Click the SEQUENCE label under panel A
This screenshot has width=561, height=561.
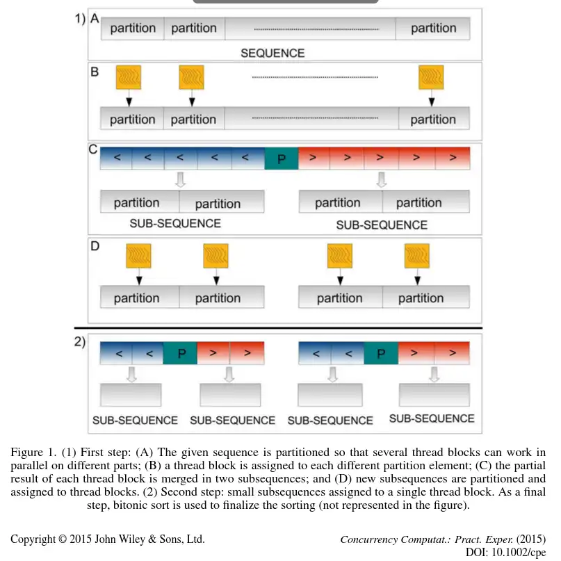click(273, 53)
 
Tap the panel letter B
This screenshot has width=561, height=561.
click(94, 70)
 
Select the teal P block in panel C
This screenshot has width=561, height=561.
click(281, 158)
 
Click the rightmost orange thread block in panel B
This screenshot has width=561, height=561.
click(430, 76)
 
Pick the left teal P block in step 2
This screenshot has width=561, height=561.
click(179, 353)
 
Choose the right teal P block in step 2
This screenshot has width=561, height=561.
click(380, 353)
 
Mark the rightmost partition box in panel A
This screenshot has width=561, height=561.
click(433, 29)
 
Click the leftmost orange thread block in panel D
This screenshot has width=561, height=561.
click(137, 256)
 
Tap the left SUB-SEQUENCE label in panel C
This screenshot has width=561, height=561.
click(175, 224)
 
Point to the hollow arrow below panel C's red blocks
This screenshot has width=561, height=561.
click(381, 181)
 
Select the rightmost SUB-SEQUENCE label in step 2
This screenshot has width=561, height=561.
click(432, 418)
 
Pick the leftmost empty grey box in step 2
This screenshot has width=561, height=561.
click(131, 395)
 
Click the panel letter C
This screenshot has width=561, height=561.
click(93, 149)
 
